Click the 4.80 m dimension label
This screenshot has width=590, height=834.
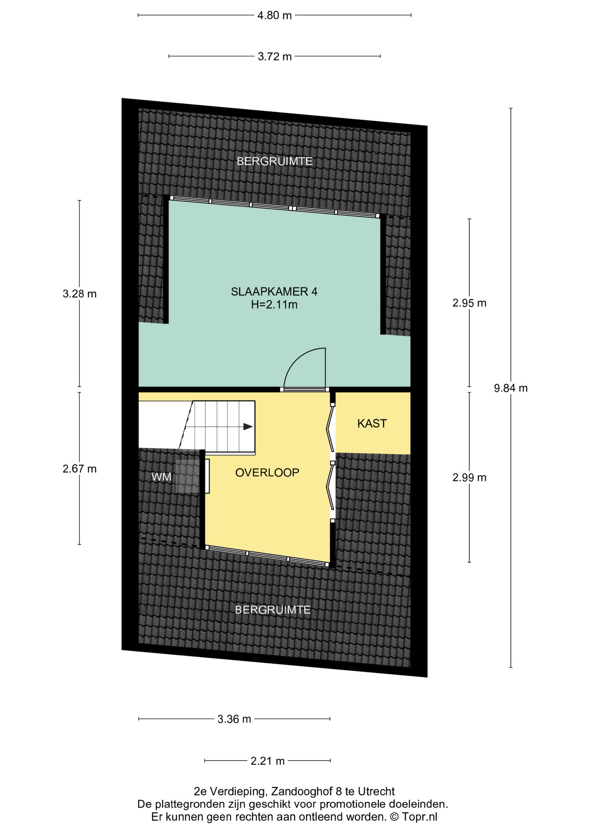(275, 16)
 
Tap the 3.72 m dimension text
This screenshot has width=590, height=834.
(275, 56)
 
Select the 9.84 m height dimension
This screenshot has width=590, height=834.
(510, 388)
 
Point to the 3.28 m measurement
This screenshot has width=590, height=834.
(80, 294)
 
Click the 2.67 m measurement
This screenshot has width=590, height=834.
(80, 469)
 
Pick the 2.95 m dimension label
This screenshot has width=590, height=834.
(469, 303)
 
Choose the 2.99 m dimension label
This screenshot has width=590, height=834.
(469, 478)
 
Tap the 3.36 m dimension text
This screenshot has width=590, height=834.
(234, 719)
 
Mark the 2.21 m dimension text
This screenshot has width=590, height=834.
(268, 761)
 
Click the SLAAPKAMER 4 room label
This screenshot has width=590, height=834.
(274, 291)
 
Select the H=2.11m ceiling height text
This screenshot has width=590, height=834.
(274, 305)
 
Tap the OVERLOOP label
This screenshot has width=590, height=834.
(267, 473)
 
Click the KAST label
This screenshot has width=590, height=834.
(372, 424)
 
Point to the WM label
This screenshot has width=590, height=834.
(161, 477)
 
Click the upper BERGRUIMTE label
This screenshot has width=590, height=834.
(275, 162)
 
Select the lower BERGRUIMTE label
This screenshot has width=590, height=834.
(273, 610)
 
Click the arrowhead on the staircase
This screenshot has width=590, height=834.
(248, 427)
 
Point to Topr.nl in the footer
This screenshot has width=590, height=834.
(420, 817)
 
